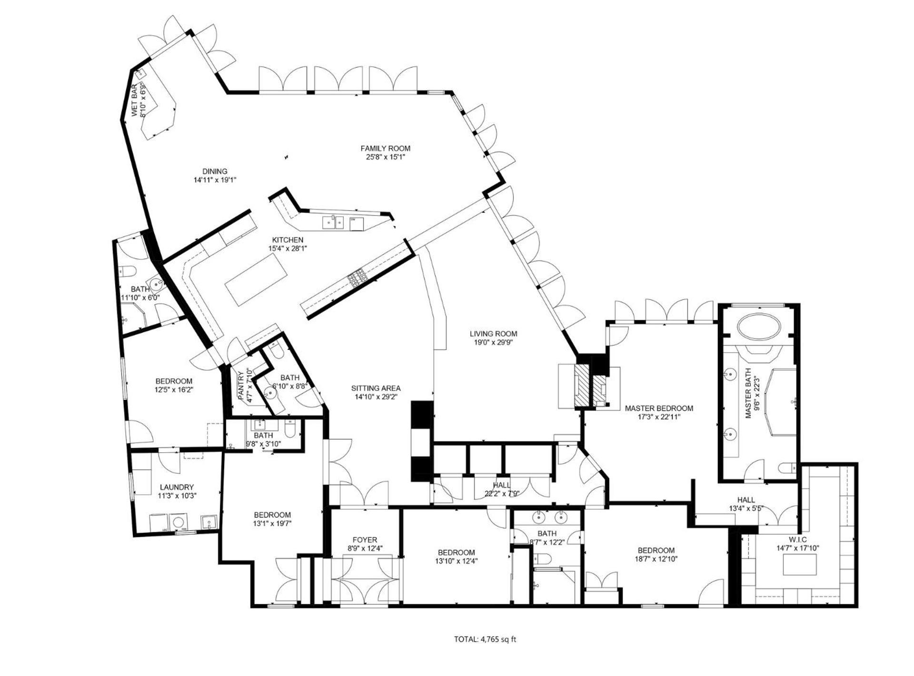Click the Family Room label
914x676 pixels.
(x=385, y=149)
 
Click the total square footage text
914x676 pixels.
(x=485, y=639)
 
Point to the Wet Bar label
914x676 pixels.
(x=135, y=100)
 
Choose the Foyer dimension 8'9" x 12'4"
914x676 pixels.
(x=365, y=548)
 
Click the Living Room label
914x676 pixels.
(x=493, y=334)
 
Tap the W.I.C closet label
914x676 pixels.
(x=797, y=539)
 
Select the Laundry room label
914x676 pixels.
(x=177, y=487)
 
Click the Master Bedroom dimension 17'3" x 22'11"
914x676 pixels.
(x=659, y=417)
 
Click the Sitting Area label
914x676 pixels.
(x=376, y=388)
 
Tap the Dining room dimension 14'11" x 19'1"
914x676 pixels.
(x=215, y=180)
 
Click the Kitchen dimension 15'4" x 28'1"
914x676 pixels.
(x=288, y=248)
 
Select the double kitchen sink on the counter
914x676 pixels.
(x=333, y=222)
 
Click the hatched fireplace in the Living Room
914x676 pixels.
(x=582, y=386)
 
